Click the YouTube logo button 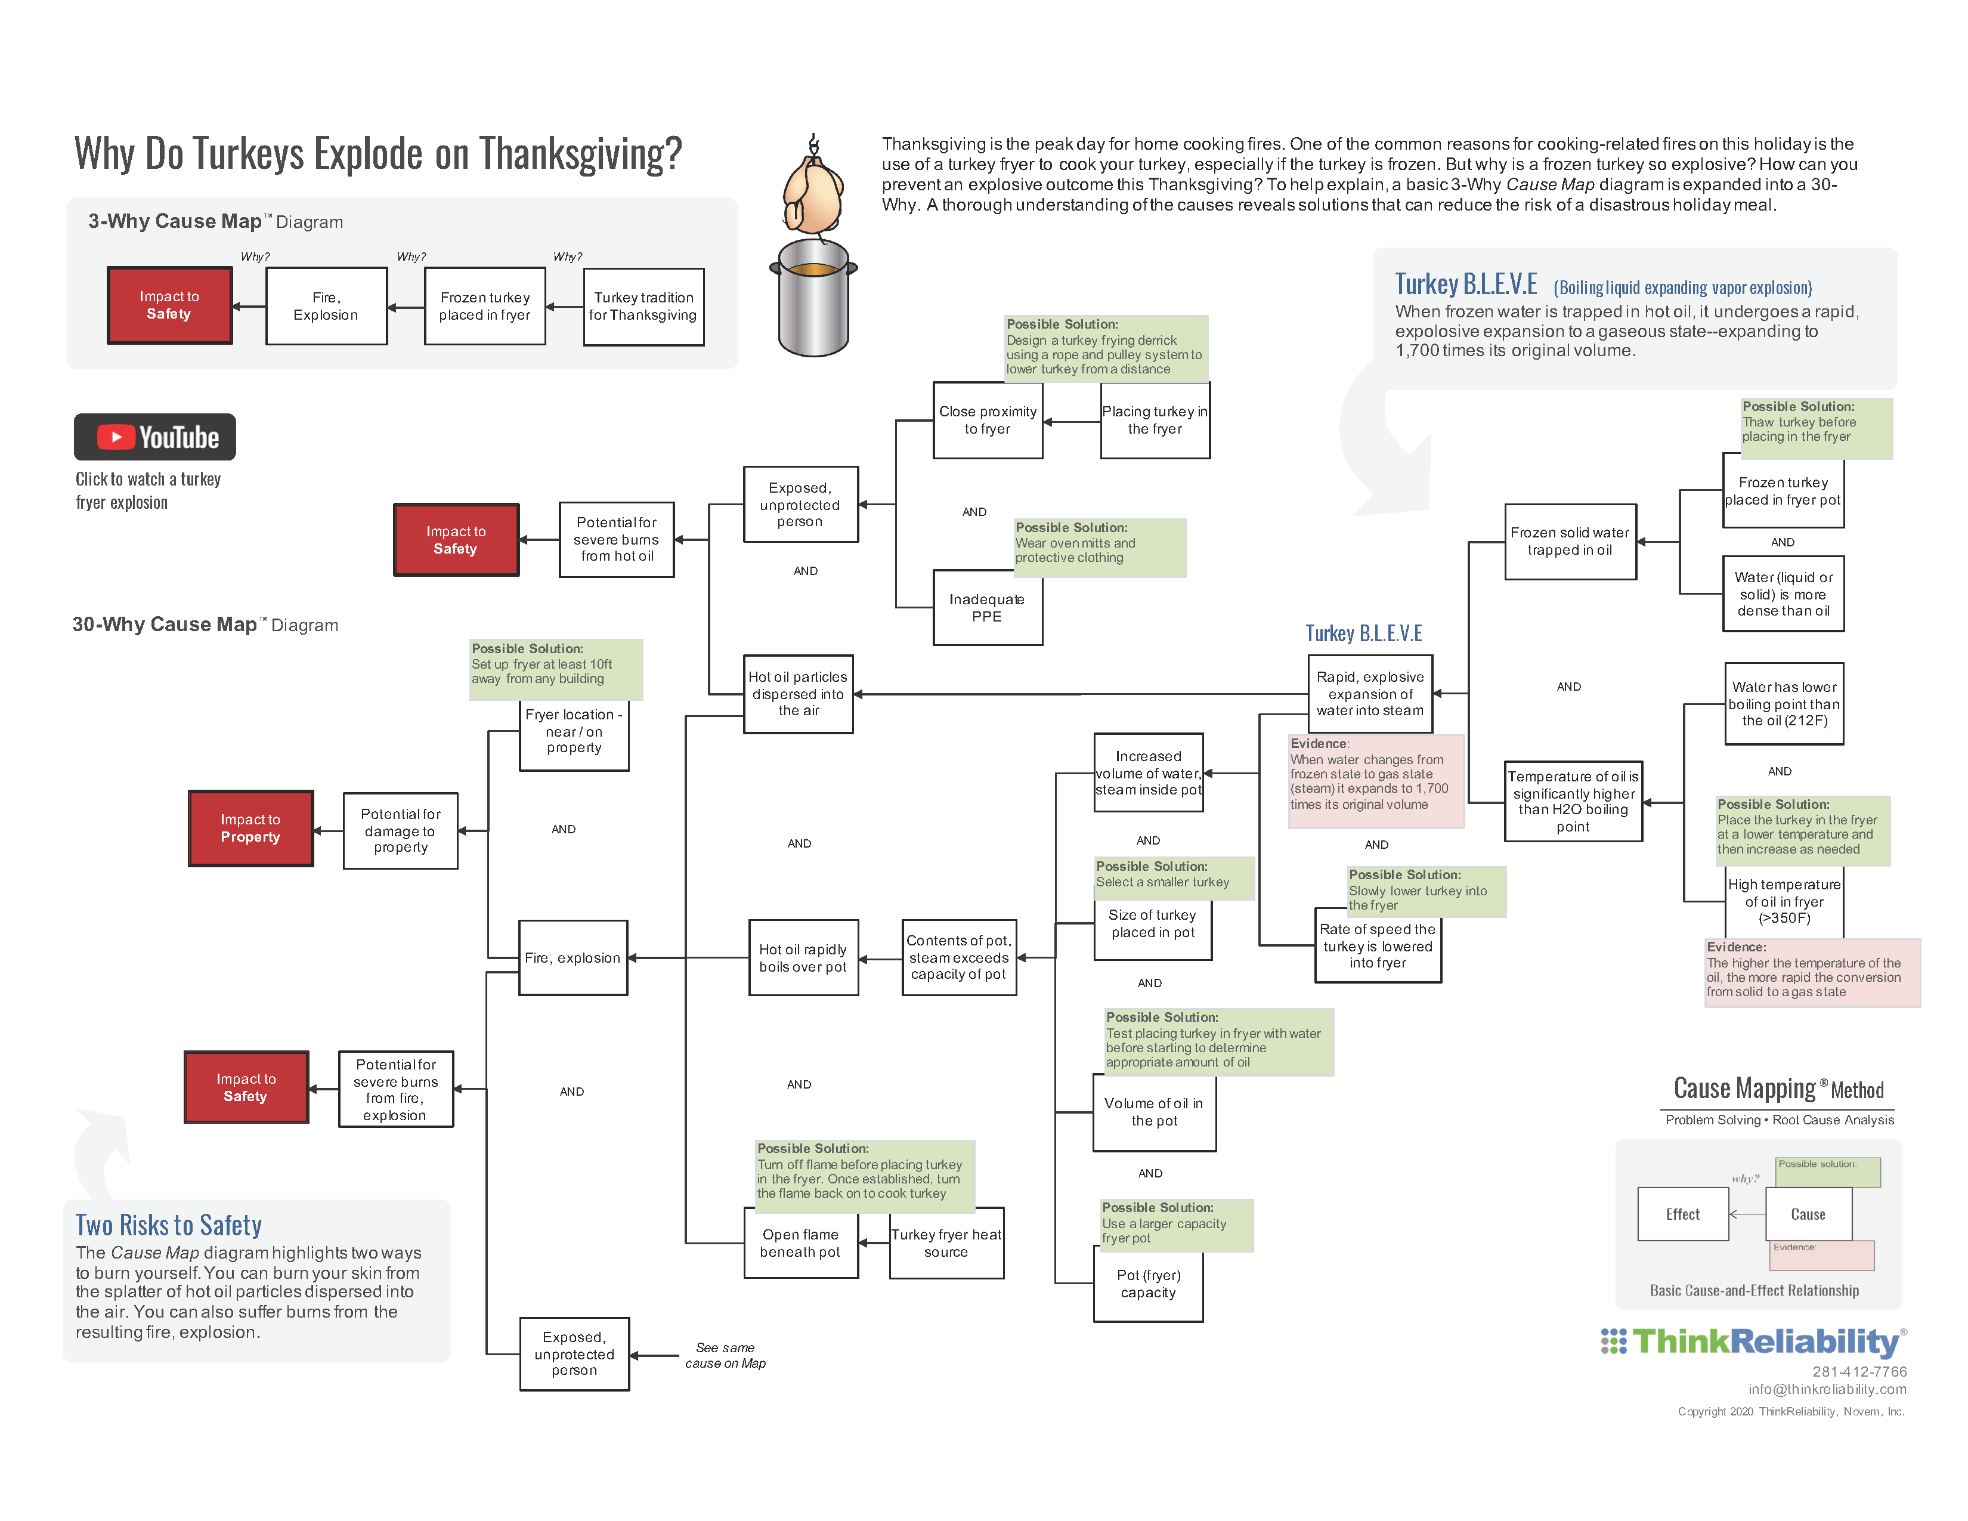coord(155,437)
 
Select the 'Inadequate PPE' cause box coord(987,607)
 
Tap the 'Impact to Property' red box coord(250,828)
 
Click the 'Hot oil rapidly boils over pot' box coord(803,958)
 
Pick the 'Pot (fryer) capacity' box coord(1148,1284)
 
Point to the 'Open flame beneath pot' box coord(800,1244)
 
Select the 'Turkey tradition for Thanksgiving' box coord(643,307)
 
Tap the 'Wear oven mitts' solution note coord(1099,548)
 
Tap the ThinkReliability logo coord(1753,1341)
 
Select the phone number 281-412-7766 coord(1859,1371)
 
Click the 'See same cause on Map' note coord(725,1355)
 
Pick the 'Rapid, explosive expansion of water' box coord(1370,694)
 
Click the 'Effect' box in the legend coord(1682,1214)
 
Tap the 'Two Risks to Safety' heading coord(169,1226)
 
